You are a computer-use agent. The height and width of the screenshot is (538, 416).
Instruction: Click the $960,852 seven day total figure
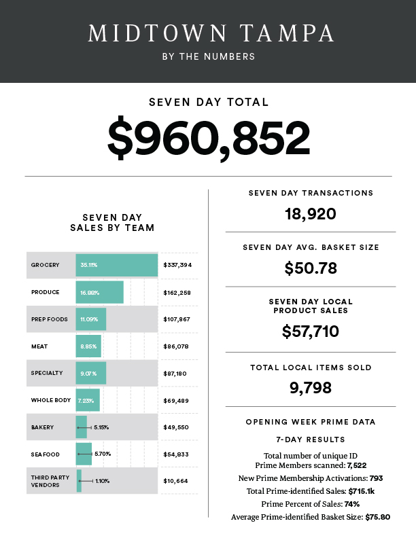[208, 138]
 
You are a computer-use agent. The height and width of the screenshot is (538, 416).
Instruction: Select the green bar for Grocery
[117, 265]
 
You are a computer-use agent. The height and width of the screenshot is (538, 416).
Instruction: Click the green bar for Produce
[100, 292]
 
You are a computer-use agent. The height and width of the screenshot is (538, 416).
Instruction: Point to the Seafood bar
[84, 453]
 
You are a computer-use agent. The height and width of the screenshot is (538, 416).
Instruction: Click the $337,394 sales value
[177, 265]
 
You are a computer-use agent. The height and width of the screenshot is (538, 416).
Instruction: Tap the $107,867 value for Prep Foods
[177, 319]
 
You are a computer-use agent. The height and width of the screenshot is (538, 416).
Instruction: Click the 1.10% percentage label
[102, 481]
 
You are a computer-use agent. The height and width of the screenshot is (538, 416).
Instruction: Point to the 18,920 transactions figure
[310, 215]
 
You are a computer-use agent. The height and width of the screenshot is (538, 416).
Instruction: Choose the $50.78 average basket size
[310, 268]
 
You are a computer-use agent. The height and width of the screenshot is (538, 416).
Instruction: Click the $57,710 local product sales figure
[310, 331]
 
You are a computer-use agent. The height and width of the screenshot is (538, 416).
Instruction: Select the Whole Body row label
[51, 400]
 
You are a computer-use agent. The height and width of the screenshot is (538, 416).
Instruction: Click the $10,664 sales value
[176, 481]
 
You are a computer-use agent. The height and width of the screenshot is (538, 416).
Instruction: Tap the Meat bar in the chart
[88, 346]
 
